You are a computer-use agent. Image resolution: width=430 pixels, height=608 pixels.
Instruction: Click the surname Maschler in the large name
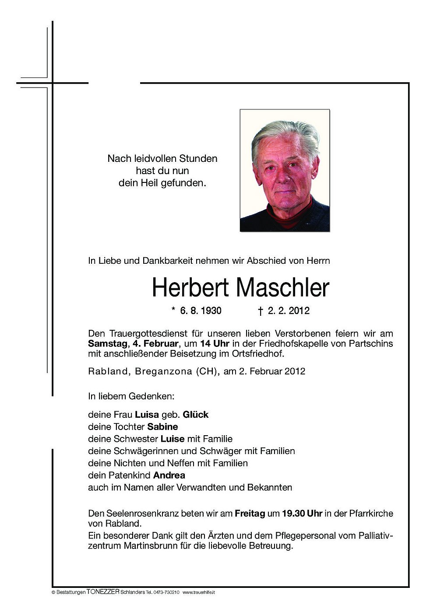(x=282, y=288)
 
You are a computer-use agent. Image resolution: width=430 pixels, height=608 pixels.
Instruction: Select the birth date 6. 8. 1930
(x=201, y=311)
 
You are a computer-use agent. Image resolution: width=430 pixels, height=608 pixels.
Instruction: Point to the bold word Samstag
(x=105, y=343)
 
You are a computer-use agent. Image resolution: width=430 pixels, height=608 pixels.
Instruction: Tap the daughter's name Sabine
(x=162, y=426)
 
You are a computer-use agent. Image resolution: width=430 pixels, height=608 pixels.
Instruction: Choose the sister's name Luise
(x=173, y=438)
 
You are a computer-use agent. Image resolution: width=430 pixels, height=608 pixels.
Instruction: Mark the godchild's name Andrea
(x=169, y=475)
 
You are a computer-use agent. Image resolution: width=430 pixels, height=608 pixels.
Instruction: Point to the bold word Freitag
(x=250, y=514)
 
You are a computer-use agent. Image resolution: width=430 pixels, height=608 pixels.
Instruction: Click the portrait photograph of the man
(x=285, y=171)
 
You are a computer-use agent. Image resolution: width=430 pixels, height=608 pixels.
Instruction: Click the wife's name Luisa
(x=147, y=414)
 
